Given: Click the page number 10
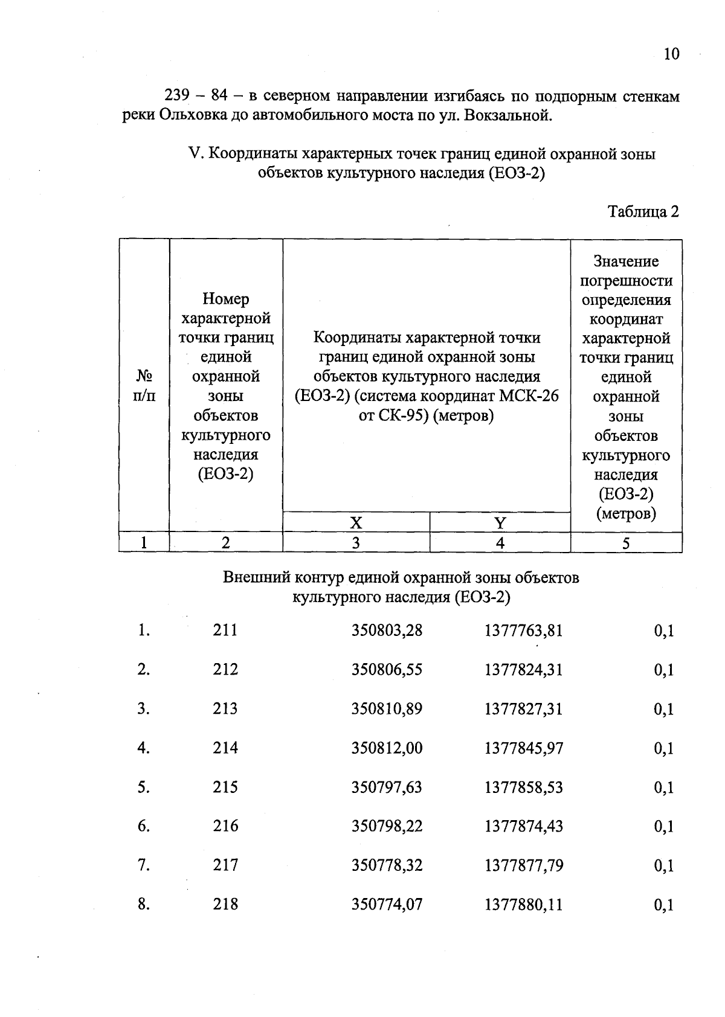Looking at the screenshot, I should pos(671,54).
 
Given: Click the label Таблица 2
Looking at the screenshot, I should pos(643,211).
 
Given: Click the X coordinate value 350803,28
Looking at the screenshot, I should pos(387,630).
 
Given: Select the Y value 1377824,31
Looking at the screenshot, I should pos(523,670).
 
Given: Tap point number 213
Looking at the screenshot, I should pos(225,708).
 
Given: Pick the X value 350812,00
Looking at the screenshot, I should pos(387,748).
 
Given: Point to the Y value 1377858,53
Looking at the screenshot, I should pos(523,787).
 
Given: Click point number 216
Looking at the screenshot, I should pos(225,826).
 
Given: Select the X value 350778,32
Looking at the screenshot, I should pos(387,865).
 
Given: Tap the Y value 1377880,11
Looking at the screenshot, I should pos(523,904).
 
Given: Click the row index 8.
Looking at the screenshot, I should pos(143,904).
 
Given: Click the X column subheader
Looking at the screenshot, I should pos(356,523).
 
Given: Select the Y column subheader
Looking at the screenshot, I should pos(500,523).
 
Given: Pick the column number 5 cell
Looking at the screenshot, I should pos(626,543).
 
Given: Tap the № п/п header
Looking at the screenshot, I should pos(144,386).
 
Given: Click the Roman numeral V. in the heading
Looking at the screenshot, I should pos(195,154).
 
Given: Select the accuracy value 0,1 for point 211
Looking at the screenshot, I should pos(663,631).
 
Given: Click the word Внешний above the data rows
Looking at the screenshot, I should pos(256,578).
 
